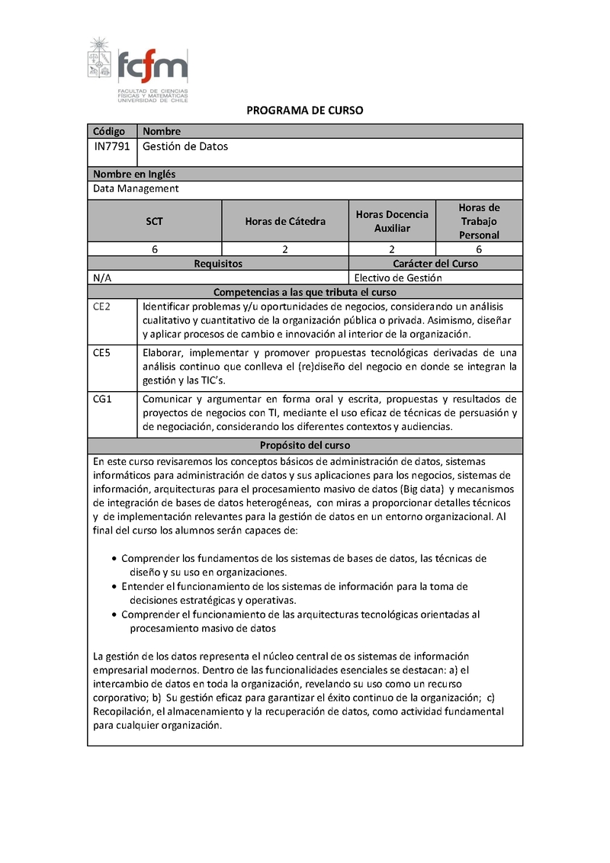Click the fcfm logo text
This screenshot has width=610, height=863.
(x=152, y=66)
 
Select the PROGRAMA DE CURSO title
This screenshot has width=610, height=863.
(x=305, y=111)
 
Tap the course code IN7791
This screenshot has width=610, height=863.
(x=111, y=146)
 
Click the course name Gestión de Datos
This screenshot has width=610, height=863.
(x=185, y=146)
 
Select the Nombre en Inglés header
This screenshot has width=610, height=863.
(x=134, y=174)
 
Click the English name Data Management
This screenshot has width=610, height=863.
(x=136, y=188)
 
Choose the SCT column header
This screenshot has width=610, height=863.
(x=155, y=221)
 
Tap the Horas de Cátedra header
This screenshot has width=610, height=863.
(x=285, y=221)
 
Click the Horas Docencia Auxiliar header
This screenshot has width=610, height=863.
(x=392, y=221)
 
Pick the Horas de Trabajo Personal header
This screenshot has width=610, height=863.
(x=479, y=221)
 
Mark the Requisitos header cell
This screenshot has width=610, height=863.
(x=218, y=264)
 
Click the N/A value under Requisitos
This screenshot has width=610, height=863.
(x=102, y=278)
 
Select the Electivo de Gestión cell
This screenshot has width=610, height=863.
(x=397, y=278)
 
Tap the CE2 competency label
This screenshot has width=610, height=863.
(x=102, y=306)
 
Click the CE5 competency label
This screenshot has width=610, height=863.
(x=102, y=352)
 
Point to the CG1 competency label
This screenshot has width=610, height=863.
(x=103, y=398)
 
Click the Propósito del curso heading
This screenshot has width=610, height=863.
(x=304, y=445)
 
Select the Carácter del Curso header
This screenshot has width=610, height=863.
(x=435, y=264)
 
